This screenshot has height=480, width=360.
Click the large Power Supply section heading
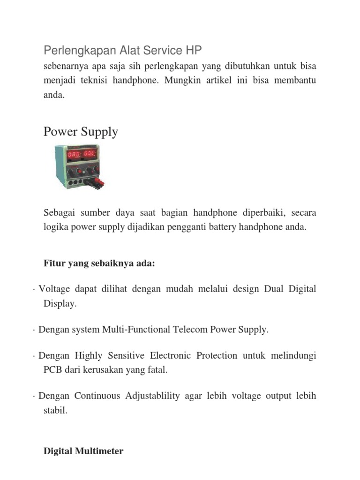coord(81,132)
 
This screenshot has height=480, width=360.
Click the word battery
coord(254,227)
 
